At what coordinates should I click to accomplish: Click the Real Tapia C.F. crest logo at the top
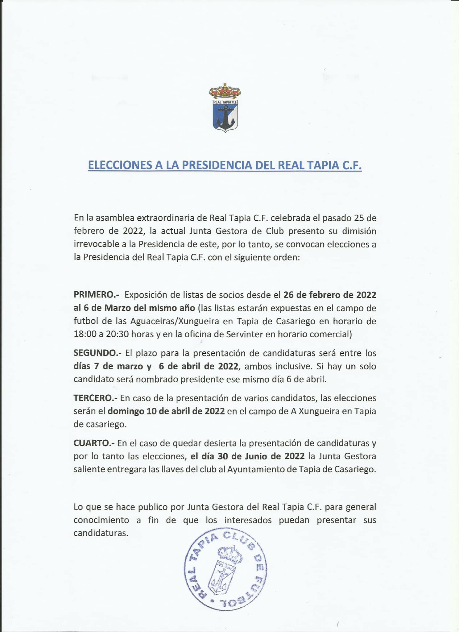coord(225,108)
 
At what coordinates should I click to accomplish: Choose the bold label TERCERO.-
coord(95,398)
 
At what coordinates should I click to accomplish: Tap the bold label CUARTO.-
coord(94,443)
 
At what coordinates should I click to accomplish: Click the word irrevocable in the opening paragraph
coord(96,244)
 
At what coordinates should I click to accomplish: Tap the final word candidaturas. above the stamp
coord(101,533)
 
